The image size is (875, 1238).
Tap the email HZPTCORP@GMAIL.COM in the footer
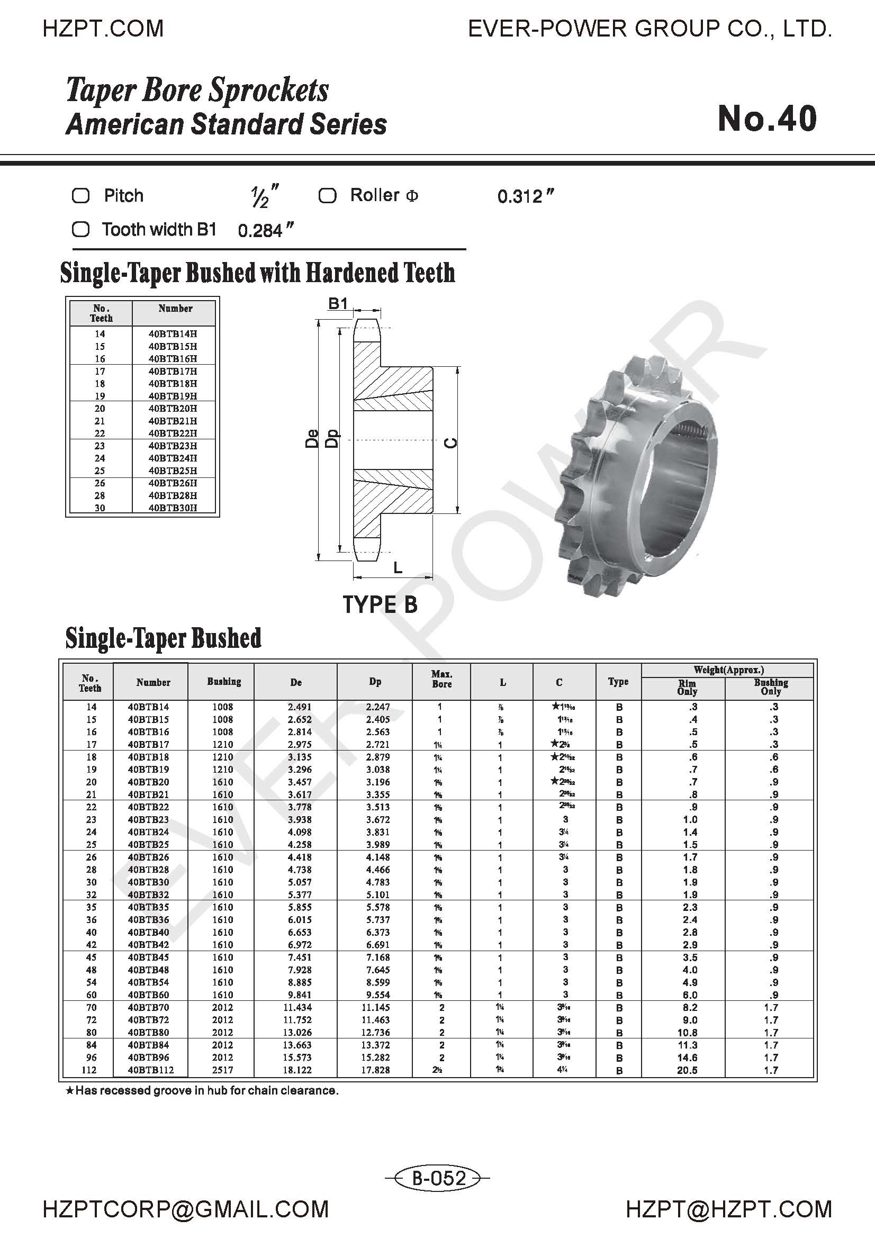[185, 1209]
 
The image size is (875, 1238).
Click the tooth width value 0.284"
[265, 231]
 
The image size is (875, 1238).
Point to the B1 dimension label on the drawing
[338, 304]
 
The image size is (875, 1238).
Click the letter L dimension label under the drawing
[398, 567]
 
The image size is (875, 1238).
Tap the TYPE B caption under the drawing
[380, 604]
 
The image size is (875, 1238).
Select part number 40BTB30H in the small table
[173, 508]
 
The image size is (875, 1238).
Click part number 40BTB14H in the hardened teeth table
[173, 334]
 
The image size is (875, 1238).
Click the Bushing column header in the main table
[224, 682]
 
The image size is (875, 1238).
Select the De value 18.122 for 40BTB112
[300, 1070]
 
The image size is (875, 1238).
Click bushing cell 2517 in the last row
[222, 1070]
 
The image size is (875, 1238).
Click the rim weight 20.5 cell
[688, 1070]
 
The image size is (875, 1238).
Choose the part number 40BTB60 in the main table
[149, 995]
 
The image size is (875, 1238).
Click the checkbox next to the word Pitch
[81, 196]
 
